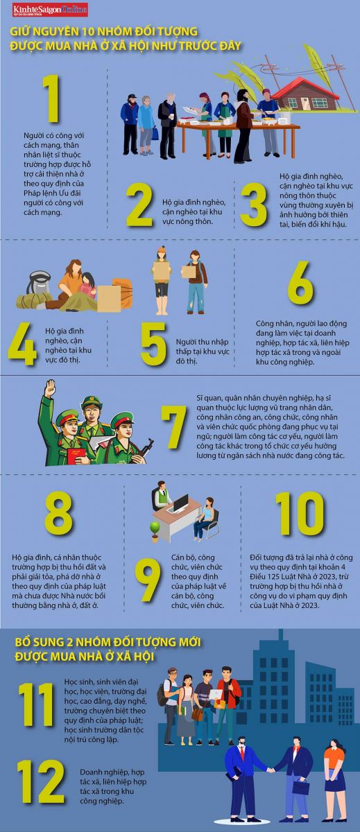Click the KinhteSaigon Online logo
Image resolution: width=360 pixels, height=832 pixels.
pos(50,10)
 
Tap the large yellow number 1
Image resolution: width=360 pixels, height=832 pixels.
pos(53,98)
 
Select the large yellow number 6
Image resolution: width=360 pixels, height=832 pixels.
pos(300,283)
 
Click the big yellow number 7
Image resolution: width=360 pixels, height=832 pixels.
pos(174,427)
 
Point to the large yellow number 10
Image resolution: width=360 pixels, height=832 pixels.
pos(300,514)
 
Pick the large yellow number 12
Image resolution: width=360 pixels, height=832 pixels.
pos(41,781)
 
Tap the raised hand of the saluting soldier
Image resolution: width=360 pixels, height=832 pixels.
pos(50,388)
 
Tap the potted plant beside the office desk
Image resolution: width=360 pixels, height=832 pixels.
pos(155,532)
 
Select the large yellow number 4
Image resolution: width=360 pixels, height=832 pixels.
pos(22,344)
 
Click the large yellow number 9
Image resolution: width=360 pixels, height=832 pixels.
pos(148,580)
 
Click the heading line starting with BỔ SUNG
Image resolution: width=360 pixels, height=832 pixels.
pos(108,642)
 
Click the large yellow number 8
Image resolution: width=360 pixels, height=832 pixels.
pos(59,513)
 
